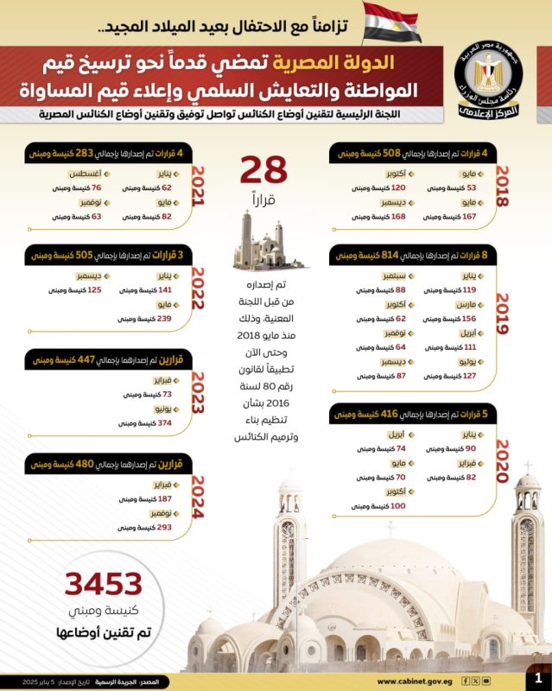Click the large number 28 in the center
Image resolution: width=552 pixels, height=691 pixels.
[263, 170]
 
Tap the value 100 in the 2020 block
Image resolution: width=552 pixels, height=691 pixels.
[397, 505]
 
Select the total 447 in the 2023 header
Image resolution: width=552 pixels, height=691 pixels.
[86, 359]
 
